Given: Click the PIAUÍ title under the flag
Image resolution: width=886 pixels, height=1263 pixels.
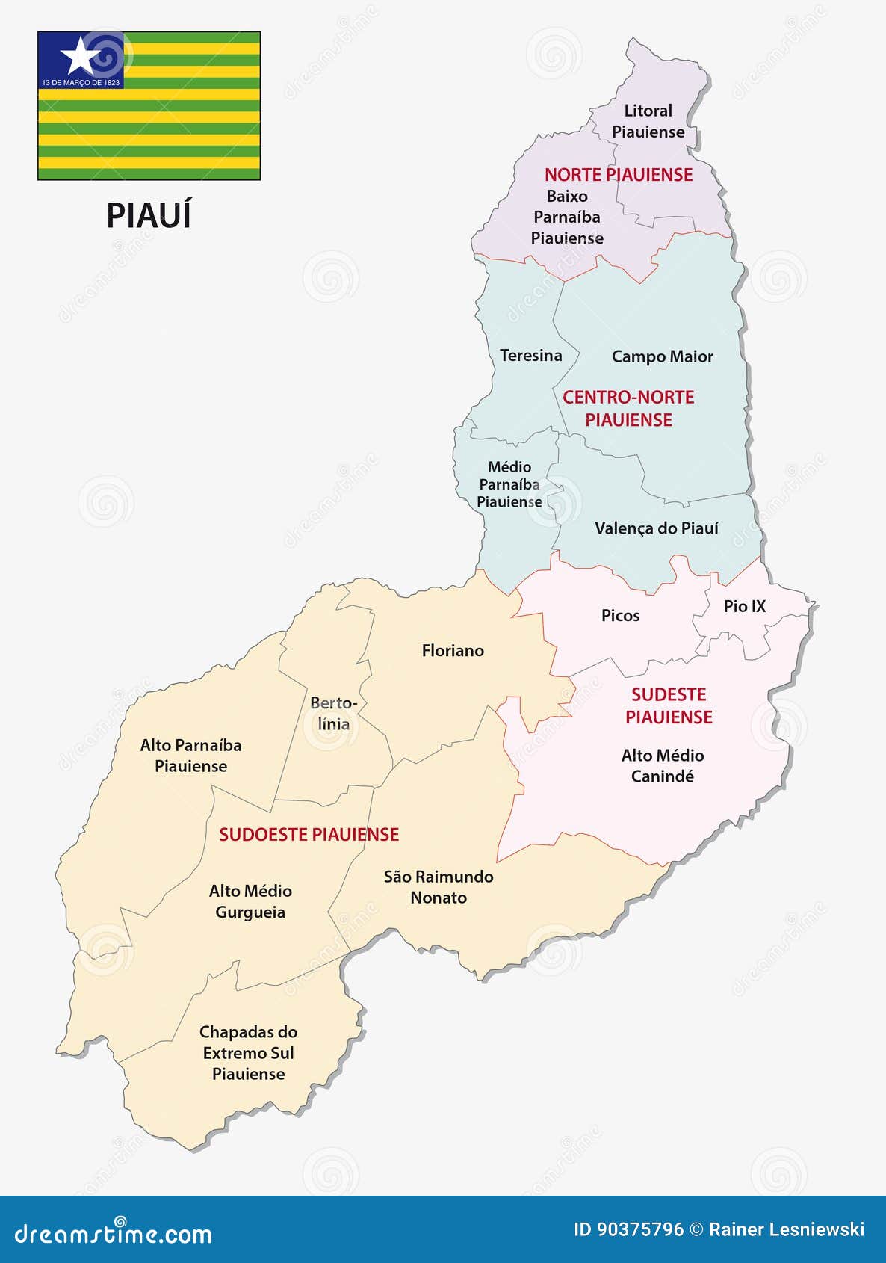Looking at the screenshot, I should [x=149, y=216].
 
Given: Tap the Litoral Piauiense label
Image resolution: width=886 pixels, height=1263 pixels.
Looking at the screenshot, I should [x=648, y=121].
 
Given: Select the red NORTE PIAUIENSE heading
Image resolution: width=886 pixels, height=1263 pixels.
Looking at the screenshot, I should [x=619, y=175].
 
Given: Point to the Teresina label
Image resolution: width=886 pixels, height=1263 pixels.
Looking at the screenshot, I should [x=530, y=356].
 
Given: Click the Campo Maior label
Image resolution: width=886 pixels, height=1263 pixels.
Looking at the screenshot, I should [x=662, y=357].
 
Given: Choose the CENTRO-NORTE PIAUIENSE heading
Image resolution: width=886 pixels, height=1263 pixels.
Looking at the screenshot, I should [x=628, y=408].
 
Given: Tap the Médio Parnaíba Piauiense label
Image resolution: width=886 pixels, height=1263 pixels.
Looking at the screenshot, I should [x=509, y=484].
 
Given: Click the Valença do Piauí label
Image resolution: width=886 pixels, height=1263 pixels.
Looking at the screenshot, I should [x=656, y=528].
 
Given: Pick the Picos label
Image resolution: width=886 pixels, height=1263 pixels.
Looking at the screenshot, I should [x=620, y=616].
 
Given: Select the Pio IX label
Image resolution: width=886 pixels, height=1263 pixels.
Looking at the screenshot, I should [x=744, y=606].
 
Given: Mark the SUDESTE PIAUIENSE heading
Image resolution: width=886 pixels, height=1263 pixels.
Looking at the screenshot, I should [x=669, y=705].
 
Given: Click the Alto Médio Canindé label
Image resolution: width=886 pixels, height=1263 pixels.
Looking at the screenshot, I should [x=663, y=766].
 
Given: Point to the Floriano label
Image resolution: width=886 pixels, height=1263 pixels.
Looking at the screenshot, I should [x=453, y=651].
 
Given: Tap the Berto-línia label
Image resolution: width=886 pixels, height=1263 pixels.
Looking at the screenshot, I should [x=333, y=714].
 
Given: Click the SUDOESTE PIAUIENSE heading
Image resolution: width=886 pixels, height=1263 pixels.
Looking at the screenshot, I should [x=309, y=835].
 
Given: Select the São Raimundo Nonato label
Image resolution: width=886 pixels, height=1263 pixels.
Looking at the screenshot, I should [x=439, y=887].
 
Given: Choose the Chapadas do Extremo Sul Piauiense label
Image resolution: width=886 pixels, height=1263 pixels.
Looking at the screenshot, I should [x=248, y=1053].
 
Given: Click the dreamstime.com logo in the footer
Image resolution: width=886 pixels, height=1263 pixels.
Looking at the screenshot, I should [x=114, y=1233].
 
